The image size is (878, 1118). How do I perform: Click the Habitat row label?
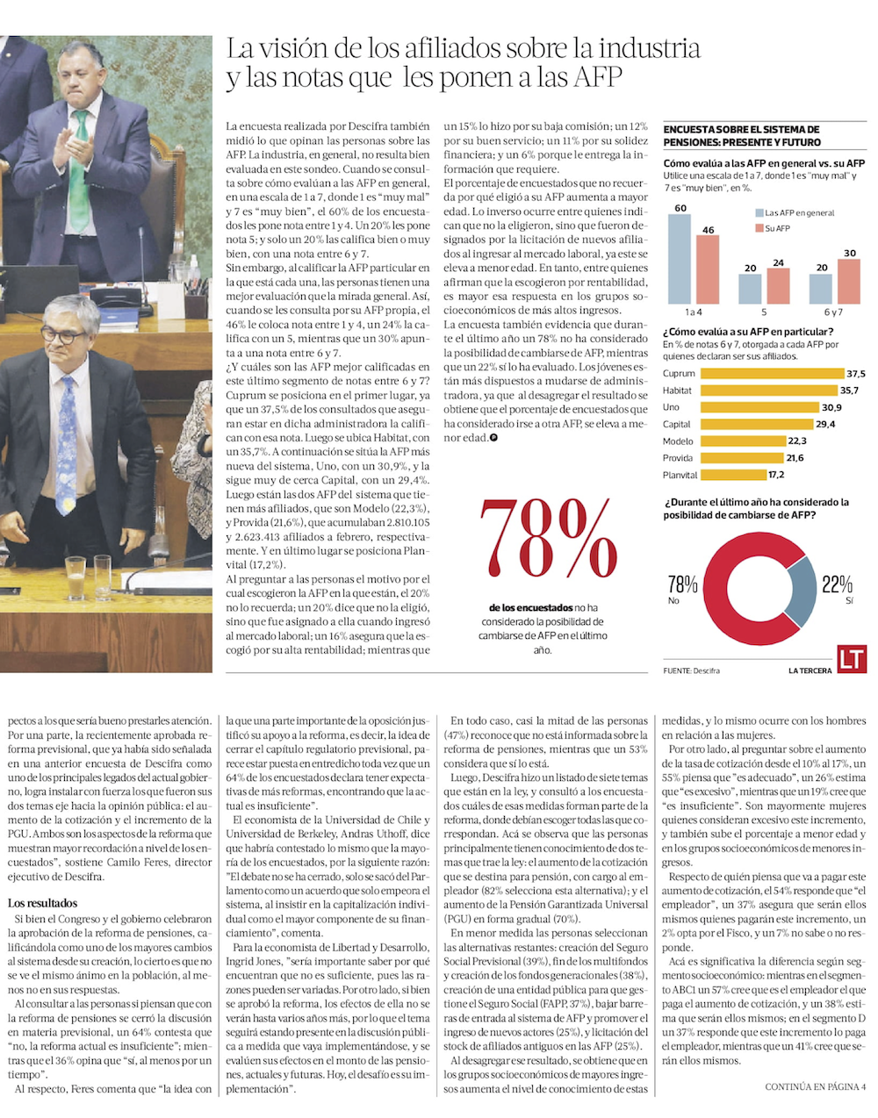677,391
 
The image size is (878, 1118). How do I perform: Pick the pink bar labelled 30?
849,281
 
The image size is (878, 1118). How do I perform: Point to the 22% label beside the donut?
837,584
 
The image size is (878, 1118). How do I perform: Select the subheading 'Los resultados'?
42,903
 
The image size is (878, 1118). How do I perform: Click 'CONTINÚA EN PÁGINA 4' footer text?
816,1086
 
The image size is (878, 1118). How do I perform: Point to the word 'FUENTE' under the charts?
677,671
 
